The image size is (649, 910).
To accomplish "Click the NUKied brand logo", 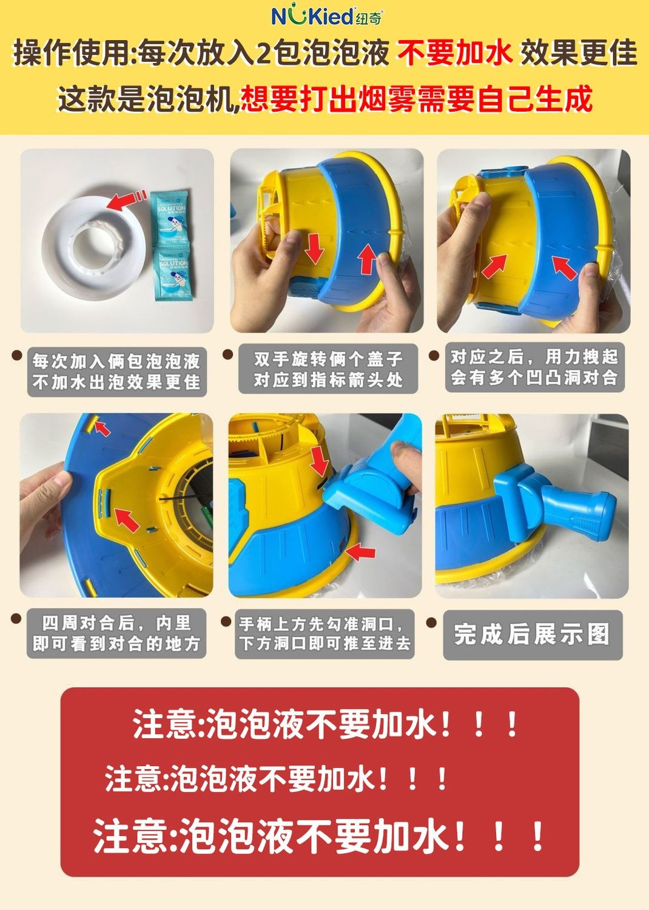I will (x=326, y=15).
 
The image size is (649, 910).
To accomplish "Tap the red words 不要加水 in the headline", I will (x=455, y=53).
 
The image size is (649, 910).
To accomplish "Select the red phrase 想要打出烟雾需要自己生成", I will (x=416, y=99).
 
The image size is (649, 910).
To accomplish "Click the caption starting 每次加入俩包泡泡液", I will (x=116, y=372).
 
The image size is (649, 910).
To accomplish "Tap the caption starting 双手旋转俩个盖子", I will (x=328, y=369).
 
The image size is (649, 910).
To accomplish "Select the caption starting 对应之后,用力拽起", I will (x=534, y=367).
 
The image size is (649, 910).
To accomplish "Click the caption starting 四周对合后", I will (x=116, y=633).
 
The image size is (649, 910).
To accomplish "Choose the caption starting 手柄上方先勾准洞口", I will (x=324, y=633).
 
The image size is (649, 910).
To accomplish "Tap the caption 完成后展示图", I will (x=532, y=634).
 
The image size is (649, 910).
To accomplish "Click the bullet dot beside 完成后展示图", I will (x=432, y=623).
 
